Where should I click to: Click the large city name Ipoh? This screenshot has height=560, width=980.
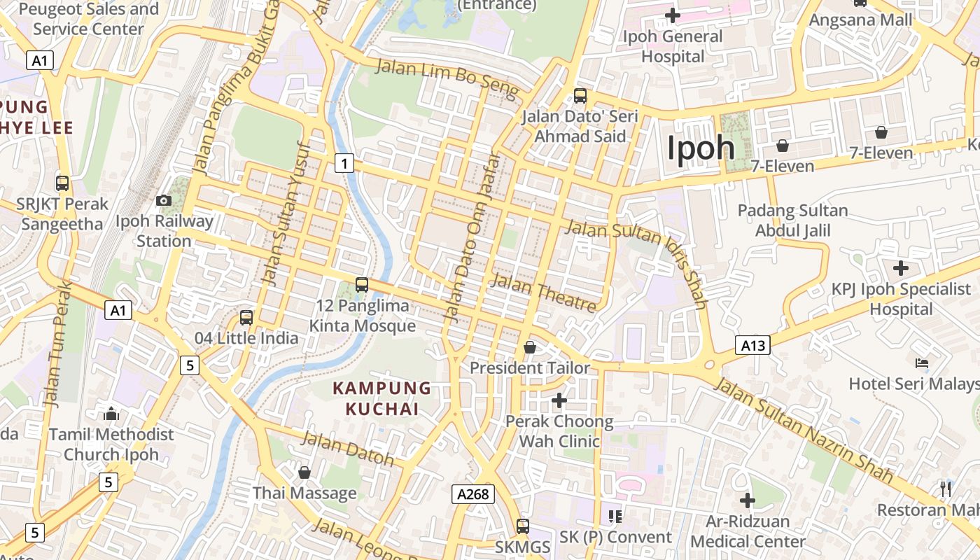click(701, 148)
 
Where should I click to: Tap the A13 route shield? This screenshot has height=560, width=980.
click(752, 344)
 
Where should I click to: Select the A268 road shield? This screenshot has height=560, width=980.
click(472, 494)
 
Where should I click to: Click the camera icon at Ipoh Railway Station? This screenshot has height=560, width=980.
click(164, 201)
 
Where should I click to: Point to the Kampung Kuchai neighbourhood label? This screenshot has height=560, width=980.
click(382, 398)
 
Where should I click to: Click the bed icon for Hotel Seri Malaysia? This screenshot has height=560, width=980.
click(922, 363)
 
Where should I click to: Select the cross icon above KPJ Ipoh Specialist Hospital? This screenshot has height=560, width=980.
click(901, 268)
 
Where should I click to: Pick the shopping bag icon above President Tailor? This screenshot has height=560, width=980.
click(530, 347)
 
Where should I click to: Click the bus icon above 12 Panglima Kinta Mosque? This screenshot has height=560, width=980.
click(362, 285)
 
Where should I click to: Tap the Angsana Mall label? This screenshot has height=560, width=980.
click(861, 20)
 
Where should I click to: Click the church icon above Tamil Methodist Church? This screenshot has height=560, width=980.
click(111, 414)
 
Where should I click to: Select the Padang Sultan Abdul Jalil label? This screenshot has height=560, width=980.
click(793, 220)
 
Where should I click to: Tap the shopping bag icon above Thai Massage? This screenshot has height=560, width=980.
click(304, 472)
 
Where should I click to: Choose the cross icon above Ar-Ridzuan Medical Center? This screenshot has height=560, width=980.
click(748, 500)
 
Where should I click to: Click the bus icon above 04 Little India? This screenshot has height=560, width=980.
click(246, 317)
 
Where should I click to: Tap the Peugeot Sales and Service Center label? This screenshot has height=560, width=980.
click(88, 19)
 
